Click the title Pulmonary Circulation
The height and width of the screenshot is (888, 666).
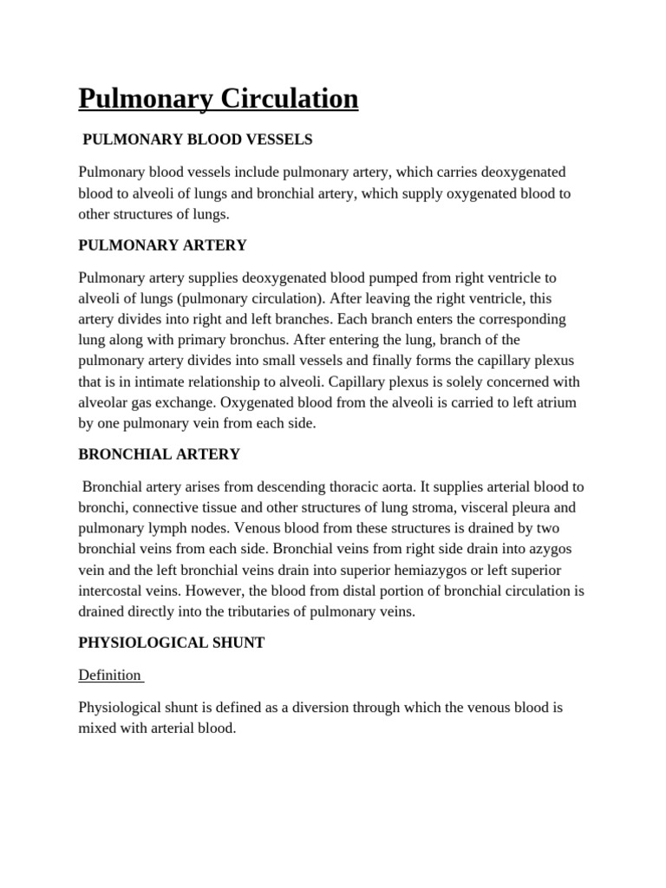[x=218, y=99]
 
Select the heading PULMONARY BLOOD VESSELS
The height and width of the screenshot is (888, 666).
[x=197, y=139]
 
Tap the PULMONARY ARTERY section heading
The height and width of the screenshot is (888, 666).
[x=162, y=245]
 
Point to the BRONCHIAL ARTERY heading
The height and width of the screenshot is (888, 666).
[x=159, y=454]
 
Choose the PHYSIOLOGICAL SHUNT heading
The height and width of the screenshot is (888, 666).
[x=171, y=643]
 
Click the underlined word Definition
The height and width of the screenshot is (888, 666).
[x=109, y=675]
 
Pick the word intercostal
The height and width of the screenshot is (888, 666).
[x=113, y=591]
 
